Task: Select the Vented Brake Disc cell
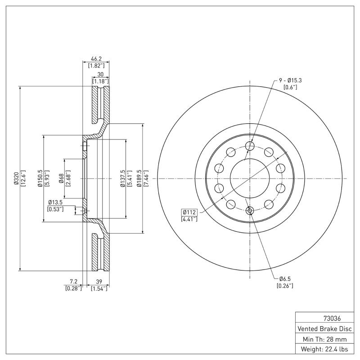pos(324,328)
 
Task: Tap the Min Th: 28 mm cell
pos(324,339)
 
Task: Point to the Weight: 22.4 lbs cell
pos(324,349)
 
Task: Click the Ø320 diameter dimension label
pos(16,179)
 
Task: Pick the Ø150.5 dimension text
pos(40,179)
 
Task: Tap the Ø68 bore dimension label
pos(61,179)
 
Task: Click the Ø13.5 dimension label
pos(56,202)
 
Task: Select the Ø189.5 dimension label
pos(139,179)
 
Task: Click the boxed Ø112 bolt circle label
pos(189,212)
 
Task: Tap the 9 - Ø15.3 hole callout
pos(290,80)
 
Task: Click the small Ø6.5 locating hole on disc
pos(249,210)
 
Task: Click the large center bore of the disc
pos(249,176)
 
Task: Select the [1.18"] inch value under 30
pos(100,81)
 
